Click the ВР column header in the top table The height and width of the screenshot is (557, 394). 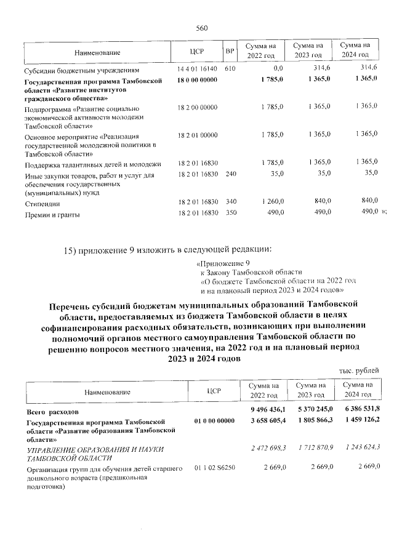point(230,50)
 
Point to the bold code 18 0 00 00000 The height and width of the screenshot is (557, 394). point(197,81)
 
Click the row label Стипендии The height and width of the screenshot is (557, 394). point(38,203)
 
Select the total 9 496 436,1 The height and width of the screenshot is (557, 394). point(268,409)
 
